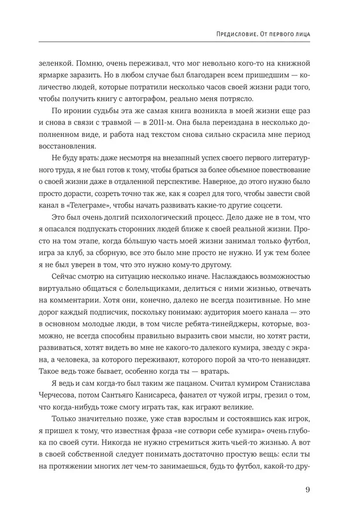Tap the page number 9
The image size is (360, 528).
307,489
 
